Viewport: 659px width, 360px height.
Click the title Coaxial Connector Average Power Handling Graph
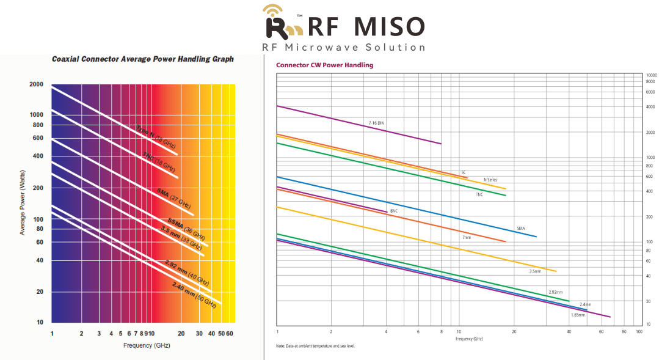[142, 59]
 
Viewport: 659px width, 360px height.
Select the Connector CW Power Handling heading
[324, 65]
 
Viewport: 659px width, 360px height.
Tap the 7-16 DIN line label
[376, 123]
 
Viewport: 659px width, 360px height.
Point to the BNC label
[393, 211]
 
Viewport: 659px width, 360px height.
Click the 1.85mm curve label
[578, 314]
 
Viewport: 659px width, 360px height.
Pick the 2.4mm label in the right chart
[585, 304]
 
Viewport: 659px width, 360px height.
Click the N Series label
[490, 180]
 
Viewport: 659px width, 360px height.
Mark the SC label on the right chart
[464, 172]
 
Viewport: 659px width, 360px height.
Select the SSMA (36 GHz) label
[186, 229]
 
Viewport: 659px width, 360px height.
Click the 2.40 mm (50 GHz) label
[194, 295]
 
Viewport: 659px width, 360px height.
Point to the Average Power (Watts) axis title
[23, 203]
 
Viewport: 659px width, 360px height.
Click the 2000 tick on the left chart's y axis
[36, 84]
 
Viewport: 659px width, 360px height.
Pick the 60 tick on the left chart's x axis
[230, 333]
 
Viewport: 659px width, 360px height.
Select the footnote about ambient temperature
[315, 346]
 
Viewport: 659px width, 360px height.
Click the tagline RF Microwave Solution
[343, 47]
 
